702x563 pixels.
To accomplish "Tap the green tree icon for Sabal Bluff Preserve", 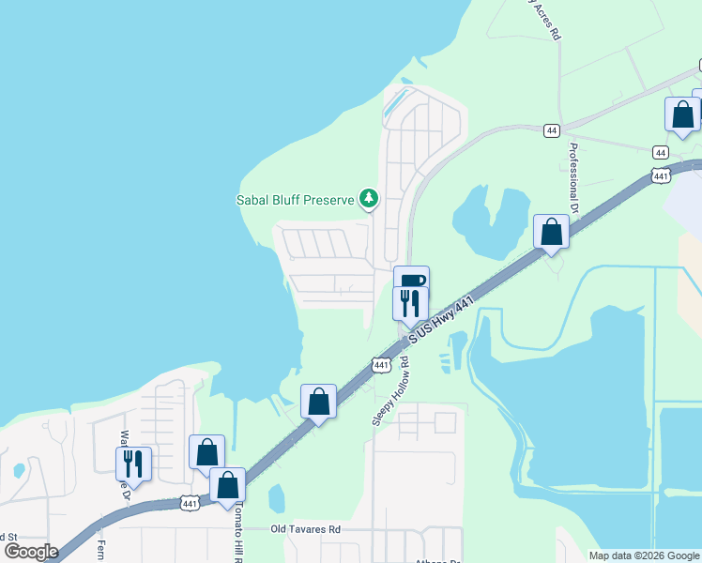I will pyautogui.click(x=370, y=198).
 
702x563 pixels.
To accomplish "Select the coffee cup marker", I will pyautogui.click(x=411, y=282).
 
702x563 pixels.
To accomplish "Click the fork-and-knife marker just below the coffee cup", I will pyautogui.click(x=410, y=304).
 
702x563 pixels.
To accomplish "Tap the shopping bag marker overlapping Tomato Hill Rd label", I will pyautogui.click(x=227, y=487).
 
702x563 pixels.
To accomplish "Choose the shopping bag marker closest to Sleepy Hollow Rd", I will pyautogui.click(x=319, y=403).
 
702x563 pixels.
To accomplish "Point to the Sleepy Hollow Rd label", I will pyautogui.click(x=391, y=390).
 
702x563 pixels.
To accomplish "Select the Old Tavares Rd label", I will pyautogui.click(x=305, y=529).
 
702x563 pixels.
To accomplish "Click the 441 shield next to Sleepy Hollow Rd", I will pyautogui.click(x=380, y=364).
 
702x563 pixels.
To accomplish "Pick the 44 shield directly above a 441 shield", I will pyautogui.click(x=661, y=152).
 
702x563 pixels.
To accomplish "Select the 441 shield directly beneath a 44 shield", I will pyautogui.click(x=661, y=176).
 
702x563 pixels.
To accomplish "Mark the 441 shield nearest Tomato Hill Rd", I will pyautogui.click(x=190, y=505).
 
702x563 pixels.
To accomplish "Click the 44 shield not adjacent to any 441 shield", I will pyautogui.click(x=552, y=130).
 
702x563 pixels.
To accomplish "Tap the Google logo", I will pyautogui.click(x=31, y=552).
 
